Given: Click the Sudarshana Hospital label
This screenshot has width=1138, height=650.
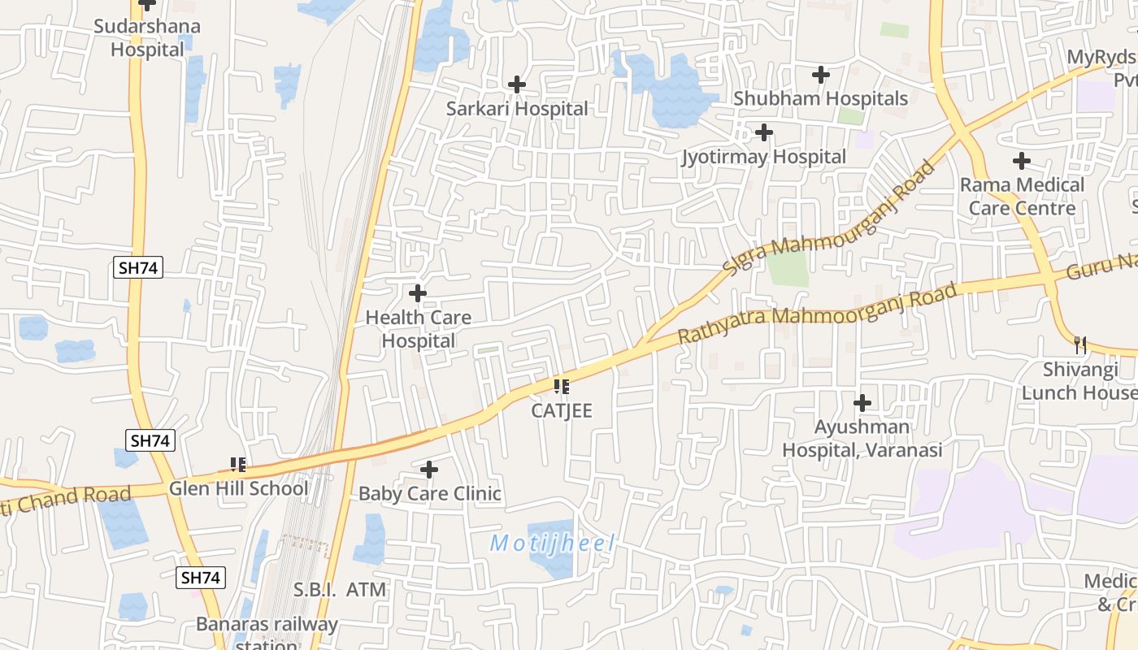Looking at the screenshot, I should coord(147,37).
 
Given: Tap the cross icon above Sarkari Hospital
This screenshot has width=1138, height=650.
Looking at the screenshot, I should coord(516,84).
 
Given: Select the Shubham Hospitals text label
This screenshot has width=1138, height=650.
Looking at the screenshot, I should coord(820,98).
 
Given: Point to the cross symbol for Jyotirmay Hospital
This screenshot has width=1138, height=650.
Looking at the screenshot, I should coord(763,132).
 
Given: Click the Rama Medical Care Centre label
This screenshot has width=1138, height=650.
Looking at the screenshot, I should coord(1022,196).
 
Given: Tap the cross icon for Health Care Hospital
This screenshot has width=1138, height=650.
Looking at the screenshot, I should coord(417,292).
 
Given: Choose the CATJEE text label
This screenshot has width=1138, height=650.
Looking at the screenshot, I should coord(562,411).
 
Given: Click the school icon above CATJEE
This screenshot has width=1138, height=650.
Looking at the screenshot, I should coord(562,386).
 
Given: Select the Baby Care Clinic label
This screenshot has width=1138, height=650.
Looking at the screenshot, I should coord(429,494).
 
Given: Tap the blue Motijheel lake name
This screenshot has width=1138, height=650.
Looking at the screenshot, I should coord(552,544).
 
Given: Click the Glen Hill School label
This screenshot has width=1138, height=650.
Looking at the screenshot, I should coord(238,488).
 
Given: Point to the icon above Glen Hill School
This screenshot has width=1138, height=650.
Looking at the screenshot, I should coord(238,464).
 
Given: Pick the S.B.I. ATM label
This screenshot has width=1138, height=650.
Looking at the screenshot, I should coord(340,590).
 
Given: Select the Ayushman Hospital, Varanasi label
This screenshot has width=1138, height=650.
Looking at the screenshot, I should coord(862,438).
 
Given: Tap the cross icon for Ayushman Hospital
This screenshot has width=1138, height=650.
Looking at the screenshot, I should coord(862,402).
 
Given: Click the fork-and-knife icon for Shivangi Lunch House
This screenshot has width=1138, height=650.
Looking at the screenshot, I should coord(1080,345).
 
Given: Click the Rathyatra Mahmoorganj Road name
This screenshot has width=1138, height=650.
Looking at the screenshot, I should coord(817,314).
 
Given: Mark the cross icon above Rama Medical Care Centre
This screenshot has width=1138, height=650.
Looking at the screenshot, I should coord(1022,161).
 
